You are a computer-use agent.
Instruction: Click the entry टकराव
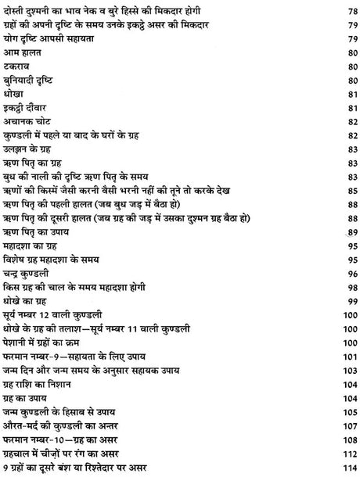(x=19, y=90)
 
